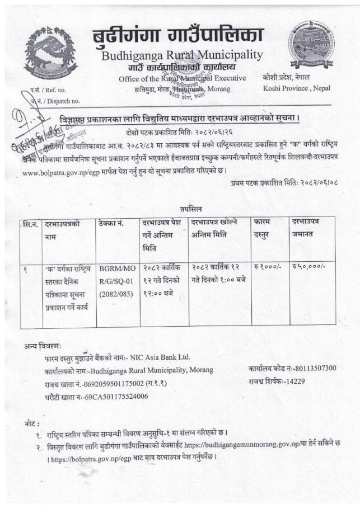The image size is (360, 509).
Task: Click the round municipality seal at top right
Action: (x=310, y=44)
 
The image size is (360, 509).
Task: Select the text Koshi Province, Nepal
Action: (x=296, y=88)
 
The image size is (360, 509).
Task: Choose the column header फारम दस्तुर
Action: (x=265, y=230)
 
